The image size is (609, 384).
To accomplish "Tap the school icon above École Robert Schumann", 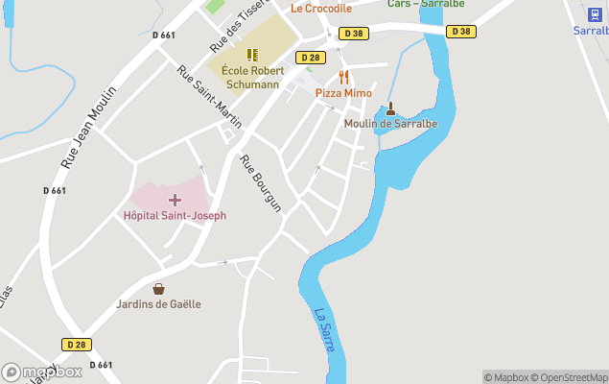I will pyautogui.click(x=251, y=56).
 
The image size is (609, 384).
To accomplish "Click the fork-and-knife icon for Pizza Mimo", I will pyautogui.click(x=343, y=77).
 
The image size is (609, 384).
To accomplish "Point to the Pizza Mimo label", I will pyautogui.click(x=343, y=93).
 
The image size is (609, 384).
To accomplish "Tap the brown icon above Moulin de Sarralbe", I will pyautogui.click(x=390, y=108).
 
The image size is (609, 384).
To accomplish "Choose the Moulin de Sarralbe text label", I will pyautogui.click(x=390, y=124).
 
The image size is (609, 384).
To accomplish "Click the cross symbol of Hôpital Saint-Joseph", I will pyautogui.click(x=175, y=200).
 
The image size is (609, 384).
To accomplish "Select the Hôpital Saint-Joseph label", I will pyautogui.click(x=175, y=216).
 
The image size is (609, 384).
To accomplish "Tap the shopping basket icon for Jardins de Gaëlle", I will pyautogui.click(x=158, y=288).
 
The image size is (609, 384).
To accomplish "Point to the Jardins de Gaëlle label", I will pyautogui.click(x=158, y=304).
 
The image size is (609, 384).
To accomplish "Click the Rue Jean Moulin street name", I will pyautogui.click(x=88, y=128).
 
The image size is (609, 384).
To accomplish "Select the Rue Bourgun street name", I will pyautogui.click(x=261, y=183).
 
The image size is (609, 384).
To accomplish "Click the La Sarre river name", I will pyautogui.click(x=325, y=329).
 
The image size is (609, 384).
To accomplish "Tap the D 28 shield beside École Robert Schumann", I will pyautogui.click(x=309, y=58).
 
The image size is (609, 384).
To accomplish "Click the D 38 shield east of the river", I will pyautogui.click(x=461, y=32).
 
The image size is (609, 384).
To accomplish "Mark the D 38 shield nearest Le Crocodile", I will pyautogui.click(x=353, y=32).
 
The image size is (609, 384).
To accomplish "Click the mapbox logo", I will pyautogui.click(x=42, y=372).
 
